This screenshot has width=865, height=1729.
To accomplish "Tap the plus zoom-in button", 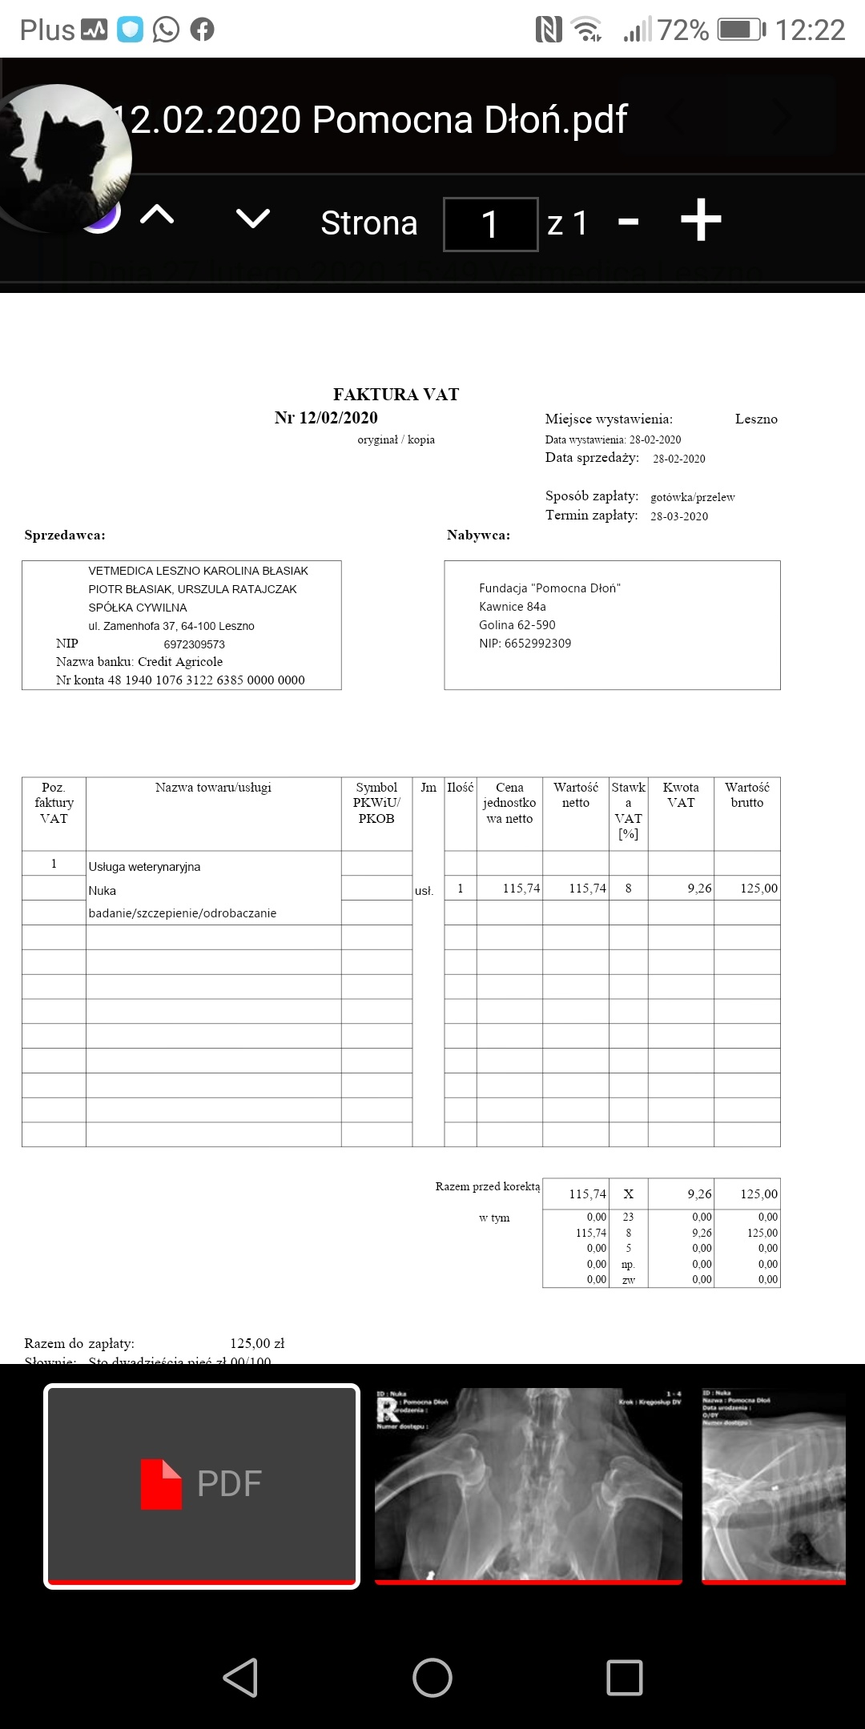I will pyautogui.click(x=701, y=221).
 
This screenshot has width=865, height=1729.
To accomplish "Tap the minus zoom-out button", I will pyautogui.click(x=629, y=222).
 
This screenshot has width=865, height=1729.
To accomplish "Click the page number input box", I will pyautogui.click(x=490, y=224).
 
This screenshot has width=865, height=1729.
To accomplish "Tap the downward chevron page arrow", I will pyautogui.click(x=253, y=218).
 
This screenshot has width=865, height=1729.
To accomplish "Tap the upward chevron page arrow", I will pyautogui.click(x=157, y=215).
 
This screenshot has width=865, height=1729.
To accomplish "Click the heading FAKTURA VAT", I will pyautogui.click(x=396, y=395).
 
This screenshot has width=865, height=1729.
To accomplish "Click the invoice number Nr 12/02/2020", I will pyautogui.click(x=326, y=418).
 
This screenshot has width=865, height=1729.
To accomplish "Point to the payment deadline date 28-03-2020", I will pyautogui.click(x=679, y=516).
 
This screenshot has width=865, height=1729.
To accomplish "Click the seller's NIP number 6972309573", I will pyautogui.click(x=194, y=644).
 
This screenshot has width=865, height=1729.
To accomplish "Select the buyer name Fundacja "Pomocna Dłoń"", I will pyautogui.click(x=549, y=588).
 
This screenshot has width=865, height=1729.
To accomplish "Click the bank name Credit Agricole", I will pyautogui.click(x=180, y=662).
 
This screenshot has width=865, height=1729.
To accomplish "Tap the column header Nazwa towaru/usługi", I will pyautogui.click(x=213, y=788).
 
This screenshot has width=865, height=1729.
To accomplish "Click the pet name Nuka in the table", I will pyautogui.click(x=103, y=890).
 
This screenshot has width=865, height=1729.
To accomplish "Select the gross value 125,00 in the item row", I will pyautogui.click(x=758, y=889).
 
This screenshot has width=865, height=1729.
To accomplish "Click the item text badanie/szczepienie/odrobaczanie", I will pyautogui.click(x=183, y=913).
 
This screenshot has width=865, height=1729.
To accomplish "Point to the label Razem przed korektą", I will pyautogui.click(x=488, y=1186).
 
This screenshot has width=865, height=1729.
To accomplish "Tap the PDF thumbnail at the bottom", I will pyautogui.click(x=202, y=1486).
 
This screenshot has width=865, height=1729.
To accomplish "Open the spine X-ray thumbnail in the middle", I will pyautogui.click(x=529, y=1486).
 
